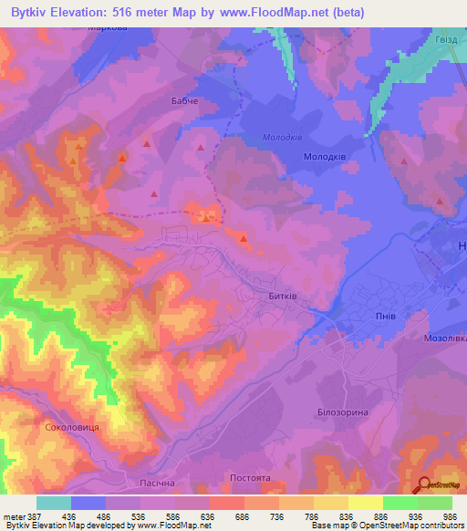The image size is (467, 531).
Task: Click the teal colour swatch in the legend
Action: click(54, 503)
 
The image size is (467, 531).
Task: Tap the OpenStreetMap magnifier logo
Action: click(424, 484)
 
